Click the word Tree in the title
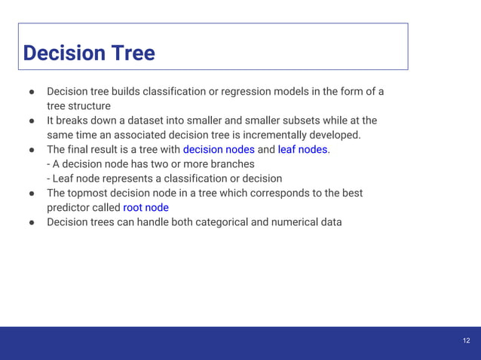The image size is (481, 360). [x=133, y=53]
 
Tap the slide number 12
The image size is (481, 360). [x=466, y=341]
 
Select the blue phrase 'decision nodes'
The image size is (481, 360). [x=219, y=150]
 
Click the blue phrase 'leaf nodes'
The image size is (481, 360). [x=302, y=150]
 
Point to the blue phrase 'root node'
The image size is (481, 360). [x=146, y=207]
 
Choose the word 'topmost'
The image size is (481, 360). [x=92, y=193]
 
